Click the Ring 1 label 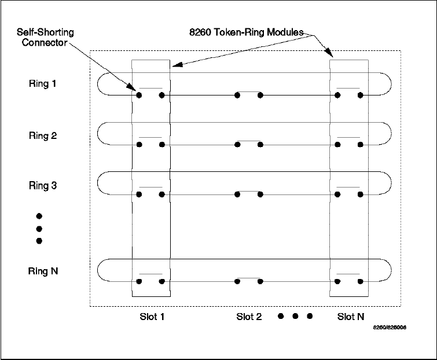coord(43,83)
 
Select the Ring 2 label coord(43,136)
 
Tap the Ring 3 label coord(43,186)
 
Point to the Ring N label coord(43,271)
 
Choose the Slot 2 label coord(249,316)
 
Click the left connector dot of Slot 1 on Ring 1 coord(139,94)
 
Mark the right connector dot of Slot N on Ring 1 coord(360,94)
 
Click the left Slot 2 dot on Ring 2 coord(237,145)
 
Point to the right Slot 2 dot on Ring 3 coord(260,194)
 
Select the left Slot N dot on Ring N coord(336,281)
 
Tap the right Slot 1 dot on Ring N coord(161,281)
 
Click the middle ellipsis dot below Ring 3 coord(39,229)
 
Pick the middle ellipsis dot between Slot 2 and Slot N coord(295,316)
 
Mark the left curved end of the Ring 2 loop coord(98,134)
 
